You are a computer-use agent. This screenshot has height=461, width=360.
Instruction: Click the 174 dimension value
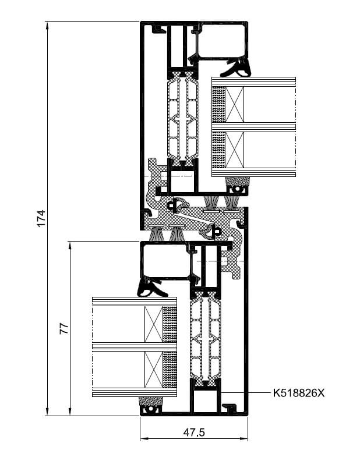click(x=41, y=218)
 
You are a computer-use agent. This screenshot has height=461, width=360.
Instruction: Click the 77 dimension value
click(x=64, y=328)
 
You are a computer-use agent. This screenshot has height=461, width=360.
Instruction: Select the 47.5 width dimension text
click(x=194, y=432)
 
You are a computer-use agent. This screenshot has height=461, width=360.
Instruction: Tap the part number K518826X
click(x=298, y=393)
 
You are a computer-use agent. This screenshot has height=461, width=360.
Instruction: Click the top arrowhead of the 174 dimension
click(x=47, y=26)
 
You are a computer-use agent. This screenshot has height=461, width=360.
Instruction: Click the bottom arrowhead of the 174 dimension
click(x=47, y=411)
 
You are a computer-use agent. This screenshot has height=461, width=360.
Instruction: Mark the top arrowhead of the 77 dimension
click(x=70, y=246)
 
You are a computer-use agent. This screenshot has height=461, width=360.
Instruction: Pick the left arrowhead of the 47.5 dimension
click(x=144, y=439)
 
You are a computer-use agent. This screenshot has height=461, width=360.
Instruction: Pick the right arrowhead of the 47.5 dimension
click(x=243, y=439)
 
